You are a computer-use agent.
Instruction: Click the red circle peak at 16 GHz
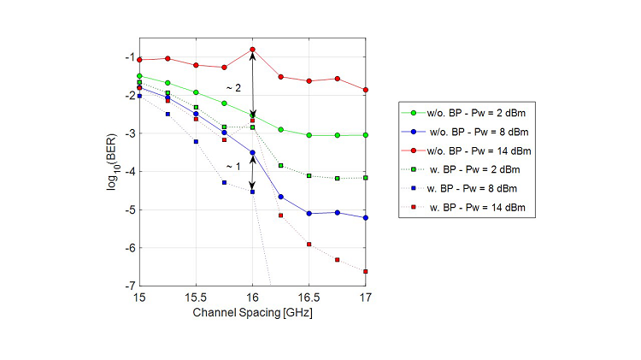click(252, 50)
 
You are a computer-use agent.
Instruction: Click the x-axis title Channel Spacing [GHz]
click(252, 314)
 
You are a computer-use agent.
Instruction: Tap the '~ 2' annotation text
click(233, 88)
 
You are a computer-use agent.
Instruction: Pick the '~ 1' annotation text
click(233, 166)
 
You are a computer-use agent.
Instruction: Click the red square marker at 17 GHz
click(366, 271)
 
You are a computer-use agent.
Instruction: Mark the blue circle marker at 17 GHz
click(366, 218)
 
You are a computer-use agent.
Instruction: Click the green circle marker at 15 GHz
click(138, 76)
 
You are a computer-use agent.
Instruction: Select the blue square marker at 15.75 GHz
click(224, 182)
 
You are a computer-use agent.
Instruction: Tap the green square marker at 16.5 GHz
click(309, 175)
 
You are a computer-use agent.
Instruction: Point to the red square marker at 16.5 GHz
click(309, 245)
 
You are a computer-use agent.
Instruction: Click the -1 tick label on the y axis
click(128, 57)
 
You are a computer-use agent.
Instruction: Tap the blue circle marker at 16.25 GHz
click(280, 197)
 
